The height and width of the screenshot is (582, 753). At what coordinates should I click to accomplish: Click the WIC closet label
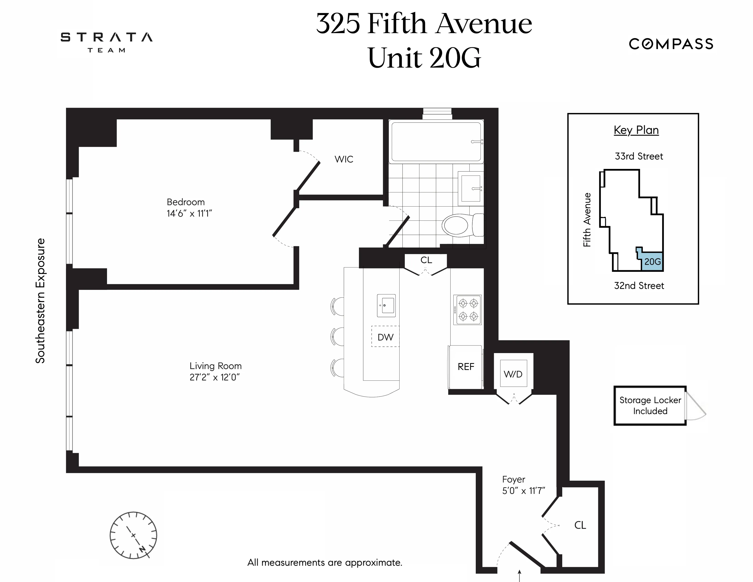pos(344,159)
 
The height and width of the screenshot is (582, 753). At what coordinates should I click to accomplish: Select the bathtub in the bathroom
pos(436,141)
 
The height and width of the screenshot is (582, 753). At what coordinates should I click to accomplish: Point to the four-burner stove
pos(467,310)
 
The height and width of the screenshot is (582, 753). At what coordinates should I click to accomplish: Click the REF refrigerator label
pos(466,367)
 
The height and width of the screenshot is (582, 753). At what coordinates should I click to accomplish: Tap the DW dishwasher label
pos(385,337)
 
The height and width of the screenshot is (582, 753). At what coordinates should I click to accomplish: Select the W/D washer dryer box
pos(513,374)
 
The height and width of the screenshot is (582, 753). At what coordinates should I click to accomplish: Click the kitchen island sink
pos(386,305)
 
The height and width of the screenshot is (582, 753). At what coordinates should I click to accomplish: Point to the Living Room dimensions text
pos(214,378)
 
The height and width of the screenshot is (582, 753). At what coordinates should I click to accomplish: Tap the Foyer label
pos(513,480)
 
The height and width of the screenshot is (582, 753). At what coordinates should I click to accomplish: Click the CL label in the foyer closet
pos(580,525)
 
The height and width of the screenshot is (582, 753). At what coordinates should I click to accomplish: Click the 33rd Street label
pos(638,157)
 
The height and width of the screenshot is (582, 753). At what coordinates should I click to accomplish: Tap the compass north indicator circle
pos(133,535)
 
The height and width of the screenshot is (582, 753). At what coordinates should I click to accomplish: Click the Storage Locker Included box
pos(650,406)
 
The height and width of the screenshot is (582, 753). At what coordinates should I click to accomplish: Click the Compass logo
pos(671,44)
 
